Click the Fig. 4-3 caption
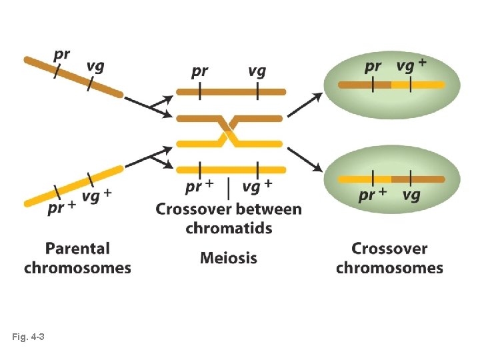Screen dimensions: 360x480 [28, 338]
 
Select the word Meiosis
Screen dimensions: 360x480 [228, 258]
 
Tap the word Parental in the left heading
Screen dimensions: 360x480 [77, 249]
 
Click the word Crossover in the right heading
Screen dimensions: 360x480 [389, 249]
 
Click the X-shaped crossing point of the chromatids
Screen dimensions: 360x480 [229, 131]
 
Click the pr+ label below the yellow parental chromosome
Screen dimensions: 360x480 [61, 208]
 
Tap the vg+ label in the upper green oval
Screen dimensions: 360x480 [412, 65]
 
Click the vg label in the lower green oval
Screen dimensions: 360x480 [412, 195]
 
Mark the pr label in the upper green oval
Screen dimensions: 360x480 [373, 67]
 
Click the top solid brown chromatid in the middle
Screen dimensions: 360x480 [231, 91]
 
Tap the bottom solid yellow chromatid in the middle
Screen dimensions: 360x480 [231, 169]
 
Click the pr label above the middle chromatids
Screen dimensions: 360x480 [200, 71]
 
